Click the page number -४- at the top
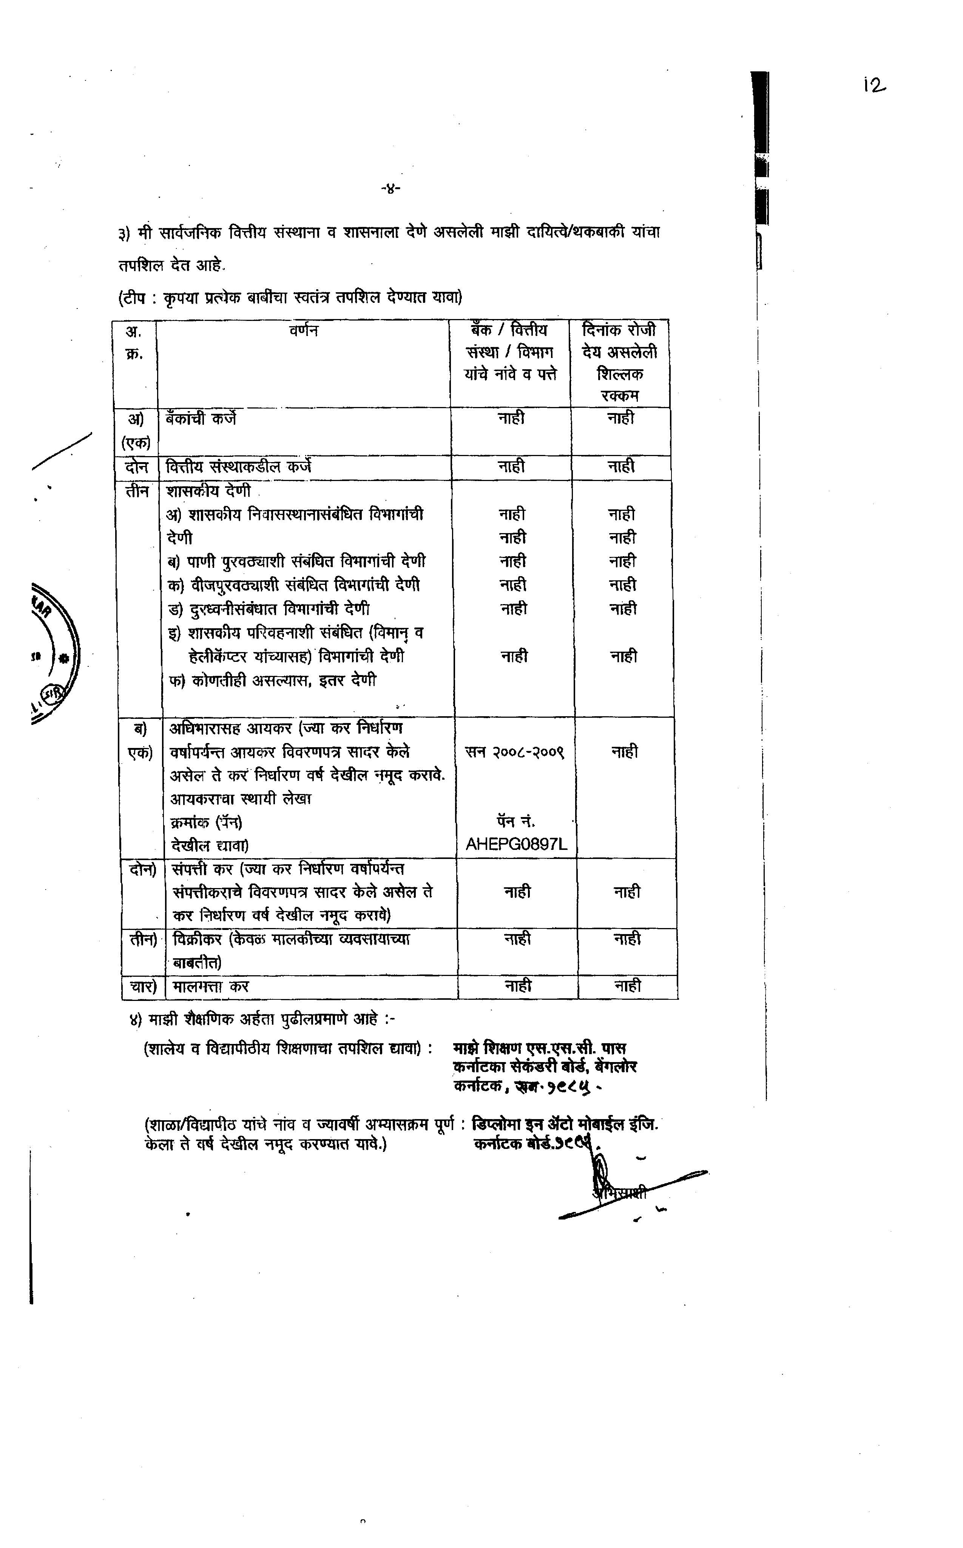(x=389, y=188)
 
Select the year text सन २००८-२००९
(x=515, y=752)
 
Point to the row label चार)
(x=143, y=986)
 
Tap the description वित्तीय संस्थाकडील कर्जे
(x=238, y=467)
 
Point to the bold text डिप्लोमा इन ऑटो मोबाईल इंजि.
(x=564, y=1124)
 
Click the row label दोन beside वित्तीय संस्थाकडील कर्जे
(x=136, y=467)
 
